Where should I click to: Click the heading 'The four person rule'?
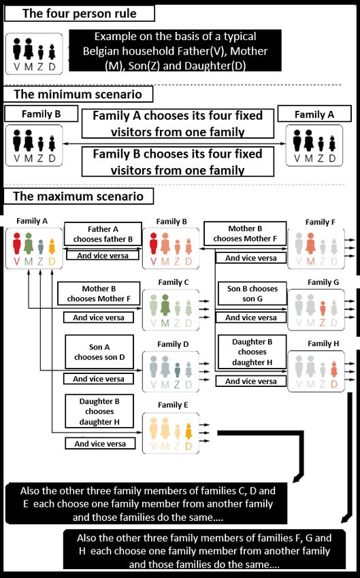80,14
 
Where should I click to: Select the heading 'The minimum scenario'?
78,94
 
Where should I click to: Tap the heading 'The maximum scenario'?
78,196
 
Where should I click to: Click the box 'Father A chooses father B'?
103,234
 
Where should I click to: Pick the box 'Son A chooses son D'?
99,352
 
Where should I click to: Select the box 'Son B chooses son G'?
252,294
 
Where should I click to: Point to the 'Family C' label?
174,282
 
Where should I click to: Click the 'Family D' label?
173,344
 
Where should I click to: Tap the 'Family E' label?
173,405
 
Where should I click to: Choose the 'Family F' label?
320,222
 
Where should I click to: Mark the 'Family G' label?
323,282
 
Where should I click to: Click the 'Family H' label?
323,343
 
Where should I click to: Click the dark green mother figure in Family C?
165,305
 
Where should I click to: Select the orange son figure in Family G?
323,308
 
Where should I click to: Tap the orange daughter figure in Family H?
334,369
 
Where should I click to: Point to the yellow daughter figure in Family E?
189,431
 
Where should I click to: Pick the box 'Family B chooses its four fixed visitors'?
178,162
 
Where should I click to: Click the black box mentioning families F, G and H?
204,551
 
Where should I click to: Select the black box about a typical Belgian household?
175,50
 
